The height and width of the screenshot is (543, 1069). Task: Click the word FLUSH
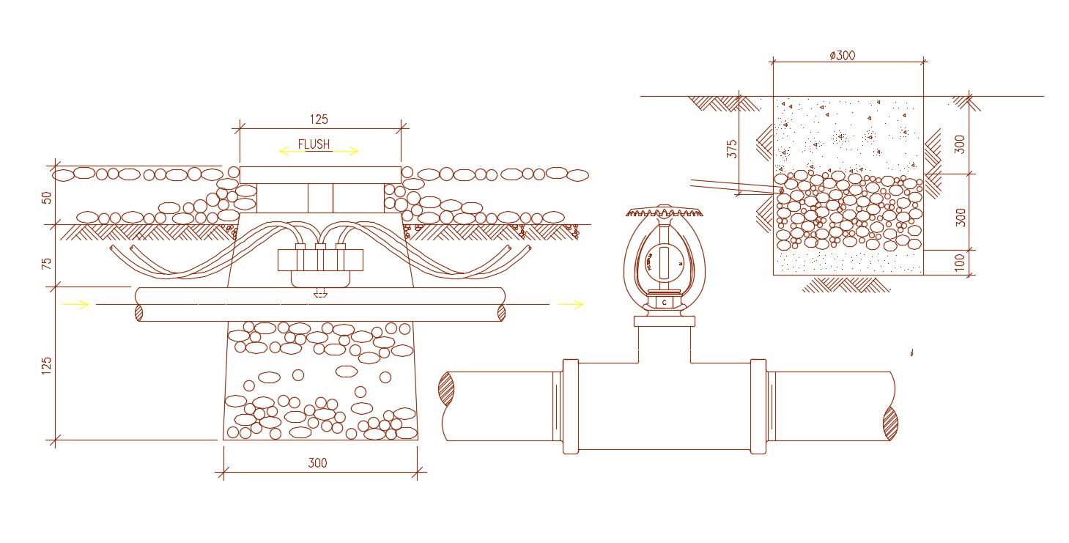314,144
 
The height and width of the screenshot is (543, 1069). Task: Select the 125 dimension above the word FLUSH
319,119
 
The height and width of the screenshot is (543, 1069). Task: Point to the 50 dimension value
47,198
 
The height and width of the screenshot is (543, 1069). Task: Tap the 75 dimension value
47,263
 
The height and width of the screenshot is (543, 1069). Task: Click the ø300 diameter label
842,55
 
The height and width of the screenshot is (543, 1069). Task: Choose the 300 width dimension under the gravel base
317,463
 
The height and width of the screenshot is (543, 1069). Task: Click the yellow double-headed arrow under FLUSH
319,152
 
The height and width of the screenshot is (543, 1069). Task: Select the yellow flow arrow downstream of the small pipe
571,304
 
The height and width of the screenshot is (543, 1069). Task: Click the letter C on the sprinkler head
664,302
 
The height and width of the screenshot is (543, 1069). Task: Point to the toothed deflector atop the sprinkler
664,213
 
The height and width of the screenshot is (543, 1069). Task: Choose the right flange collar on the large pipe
758,406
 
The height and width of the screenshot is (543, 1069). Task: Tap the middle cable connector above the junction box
320,248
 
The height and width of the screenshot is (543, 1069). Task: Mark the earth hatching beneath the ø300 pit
846,284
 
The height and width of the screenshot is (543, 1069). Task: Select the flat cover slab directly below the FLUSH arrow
320,174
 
